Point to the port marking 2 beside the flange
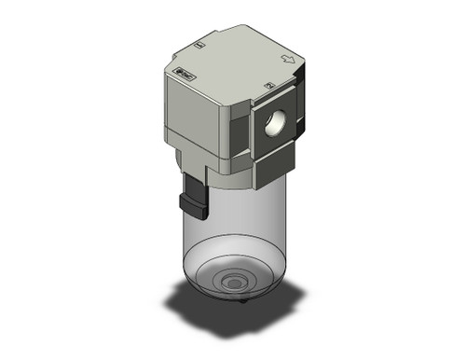(x=268, y=87)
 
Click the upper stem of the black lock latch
(x=192, y=182)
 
